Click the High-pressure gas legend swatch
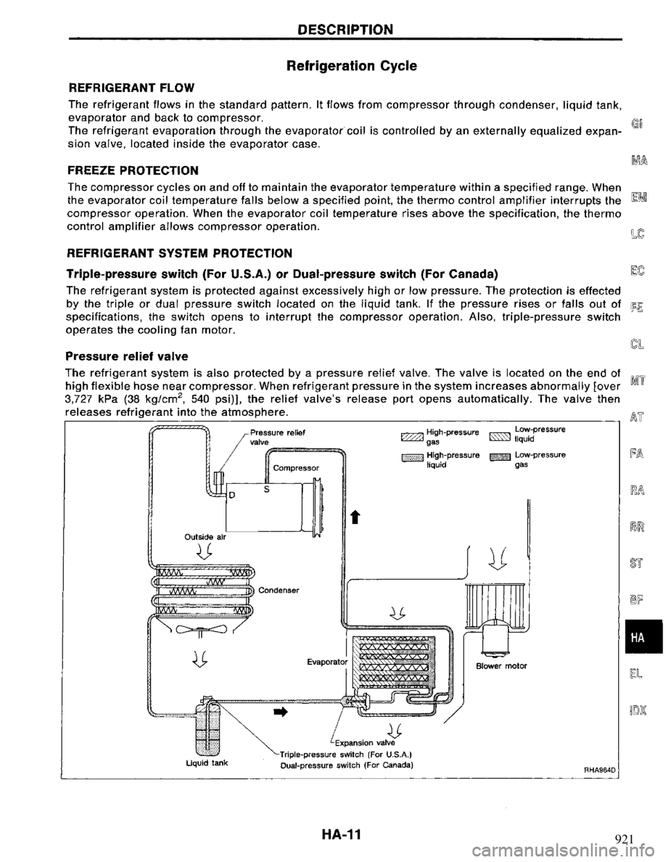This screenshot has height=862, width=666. pyautogui.click(x=404, y=435)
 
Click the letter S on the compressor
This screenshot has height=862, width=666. pyautogui.click(x=267, y=488)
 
